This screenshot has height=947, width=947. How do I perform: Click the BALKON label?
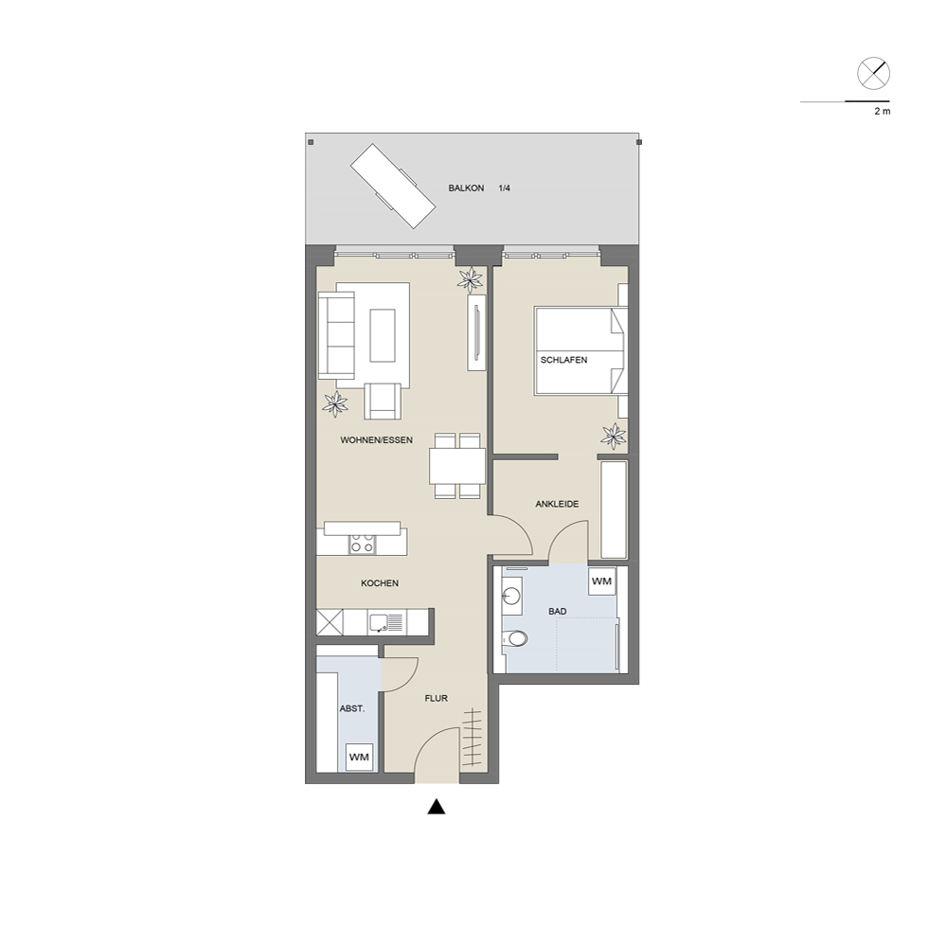tap(466, 188)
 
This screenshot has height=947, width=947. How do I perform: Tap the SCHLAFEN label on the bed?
tap(563, 360)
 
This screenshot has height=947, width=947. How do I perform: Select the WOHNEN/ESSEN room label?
tap(376, 440)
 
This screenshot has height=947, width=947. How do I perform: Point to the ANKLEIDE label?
tap(557, 504)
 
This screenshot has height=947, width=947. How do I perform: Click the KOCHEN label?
tap(380, 583)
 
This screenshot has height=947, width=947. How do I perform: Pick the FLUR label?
tap(436, 698)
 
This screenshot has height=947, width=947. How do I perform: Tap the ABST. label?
tap(352, 708)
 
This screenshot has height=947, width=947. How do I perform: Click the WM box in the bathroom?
tap(601, 581)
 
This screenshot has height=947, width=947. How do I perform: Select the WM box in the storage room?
tap(359, 757)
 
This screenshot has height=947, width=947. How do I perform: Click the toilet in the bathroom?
tap(515, 637)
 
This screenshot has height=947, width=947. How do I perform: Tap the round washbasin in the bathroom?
tap(511, 596)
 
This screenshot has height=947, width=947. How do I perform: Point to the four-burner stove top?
tap(362, 544)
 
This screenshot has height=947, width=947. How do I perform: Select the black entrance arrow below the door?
tap(436, 807)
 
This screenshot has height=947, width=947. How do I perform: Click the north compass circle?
tap(873, 74)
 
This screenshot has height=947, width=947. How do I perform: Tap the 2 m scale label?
tap(882, 112)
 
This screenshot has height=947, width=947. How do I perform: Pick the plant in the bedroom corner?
tap(614, 436)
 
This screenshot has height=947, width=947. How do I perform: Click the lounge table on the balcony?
tap(393, 186)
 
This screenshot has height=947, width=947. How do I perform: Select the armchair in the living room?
tap(383, 401)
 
